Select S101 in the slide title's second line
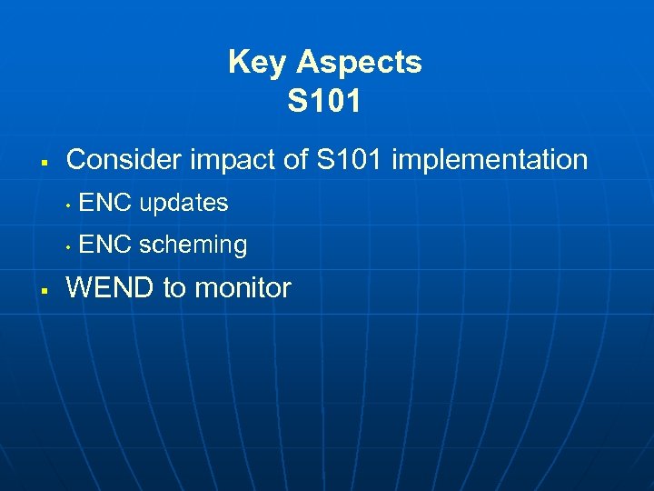pyautogui.click(x=324, y=102)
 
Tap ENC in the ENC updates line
pyautogui.click(x=105, y=203)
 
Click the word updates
pyautogui.click(x=183, y=204)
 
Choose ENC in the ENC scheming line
pyautogui.click(x=105, y=245)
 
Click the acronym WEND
pyautogui.click(x=111, y=288)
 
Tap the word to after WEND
pyautogui.click(x=173, y=289)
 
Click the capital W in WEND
pyautogui.click(x=80, y=288)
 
